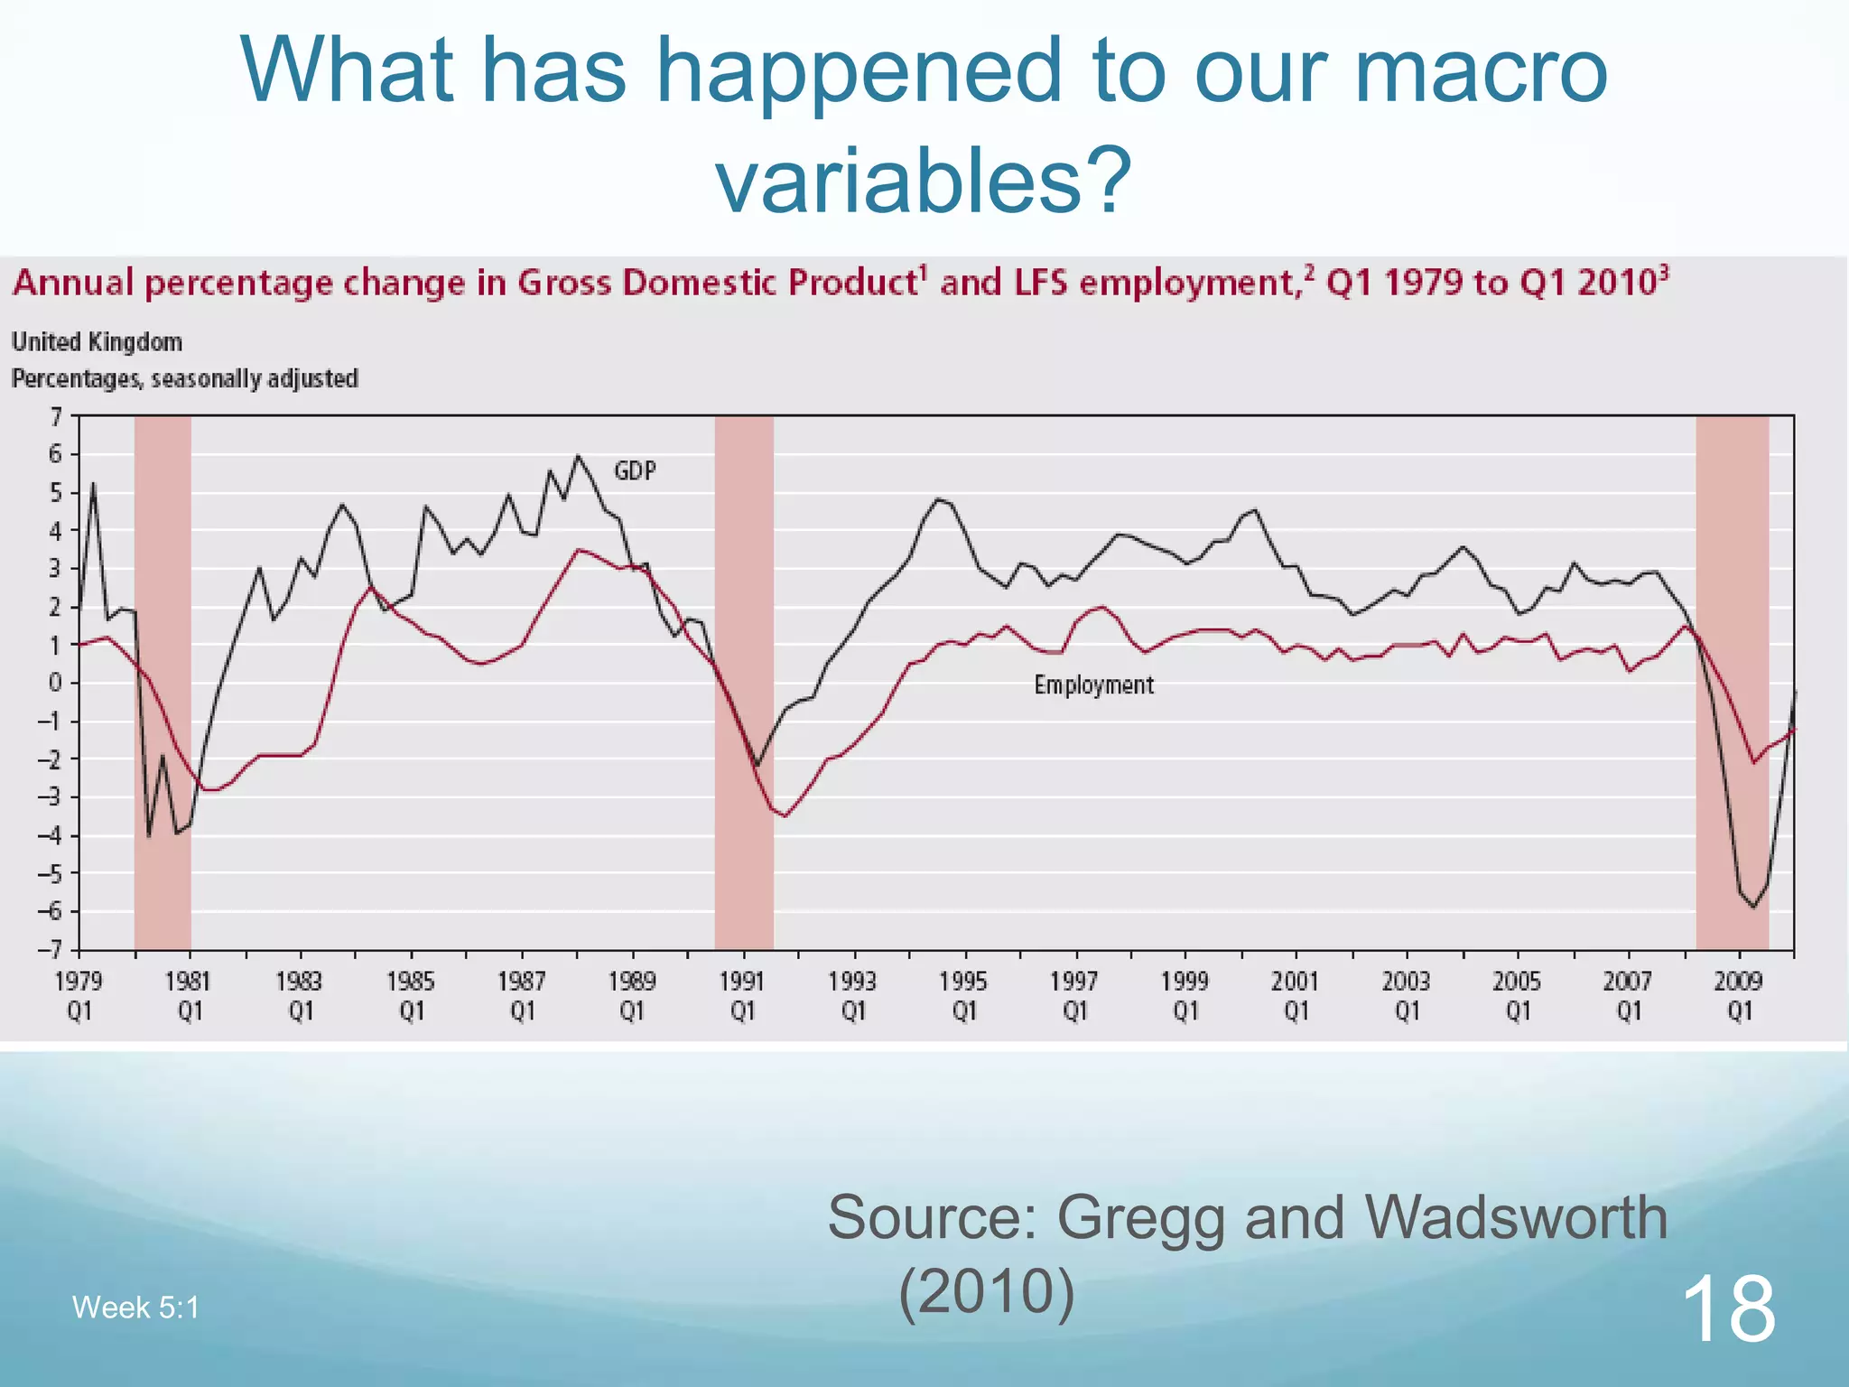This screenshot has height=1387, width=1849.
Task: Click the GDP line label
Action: tap(635, 470)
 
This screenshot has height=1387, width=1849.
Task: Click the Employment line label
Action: tap(1093, 685)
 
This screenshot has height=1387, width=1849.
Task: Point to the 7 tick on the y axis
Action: tap(56, 417)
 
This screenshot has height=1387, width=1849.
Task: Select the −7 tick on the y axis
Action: tap(51, 950)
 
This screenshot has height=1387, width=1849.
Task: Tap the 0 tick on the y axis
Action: tap(56, 683)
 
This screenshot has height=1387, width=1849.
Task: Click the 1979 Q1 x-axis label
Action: tap(79, 995)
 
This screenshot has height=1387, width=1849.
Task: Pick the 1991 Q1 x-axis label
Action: tap(742, 995)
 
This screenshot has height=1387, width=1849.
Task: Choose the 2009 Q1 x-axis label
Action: tap(1739, 995)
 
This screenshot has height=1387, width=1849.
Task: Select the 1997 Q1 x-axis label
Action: tap(1074, 995)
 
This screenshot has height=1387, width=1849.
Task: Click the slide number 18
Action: tap(1728, 1308)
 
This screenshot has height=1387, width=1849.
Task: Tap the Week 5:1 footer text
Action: tap(135, 1308)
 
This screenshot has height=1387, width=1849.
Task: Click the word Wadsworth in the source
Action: tap(1516, 1217)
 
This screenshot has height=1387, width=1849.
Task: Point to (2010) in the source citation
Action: tap(987, 1291)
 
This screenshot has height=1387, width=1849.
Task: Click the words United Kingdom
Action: tap(97, 342)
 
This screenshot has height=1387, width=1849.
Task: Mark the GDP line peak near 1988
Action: tap(578, 456)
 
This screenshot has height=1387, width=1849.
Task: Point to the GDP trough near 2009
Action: tap(1753, 907)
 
